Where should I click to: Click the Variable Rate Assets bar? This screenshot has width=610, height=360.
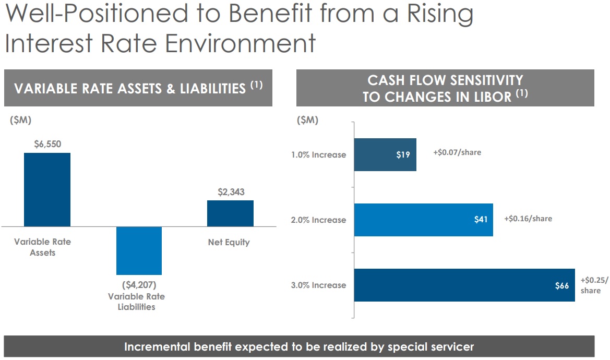[47, 189]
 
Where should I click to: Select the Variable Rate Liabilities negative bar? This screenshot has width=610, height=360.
[139, 250]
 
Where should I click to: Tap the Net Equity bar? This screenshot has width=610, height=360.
[230, 213]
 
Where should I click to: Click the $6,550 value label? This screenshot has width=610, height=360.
[47, 145]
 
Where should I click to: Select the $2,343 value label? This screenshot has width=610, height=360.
[231, 192]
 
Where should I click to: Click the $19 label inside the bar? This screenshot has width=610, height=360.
[403, 155]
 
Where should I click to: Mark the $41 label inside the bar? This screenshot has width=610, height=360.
[481, 220]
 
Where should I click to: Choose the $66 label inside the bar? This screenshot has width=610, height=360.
[562, 285]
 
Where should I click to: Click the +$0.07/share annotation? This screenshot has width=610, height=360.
[457, 152]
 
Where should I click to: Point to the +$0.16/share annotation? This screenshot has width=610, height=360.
[528, 219]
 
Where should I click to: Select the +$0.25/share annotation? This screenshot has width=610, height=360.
[594, 285]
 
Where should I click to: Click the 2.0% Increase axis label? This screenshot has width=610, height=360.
[318, 220]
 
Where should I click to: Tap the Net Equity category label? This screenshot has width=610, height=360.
[229, 242]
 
